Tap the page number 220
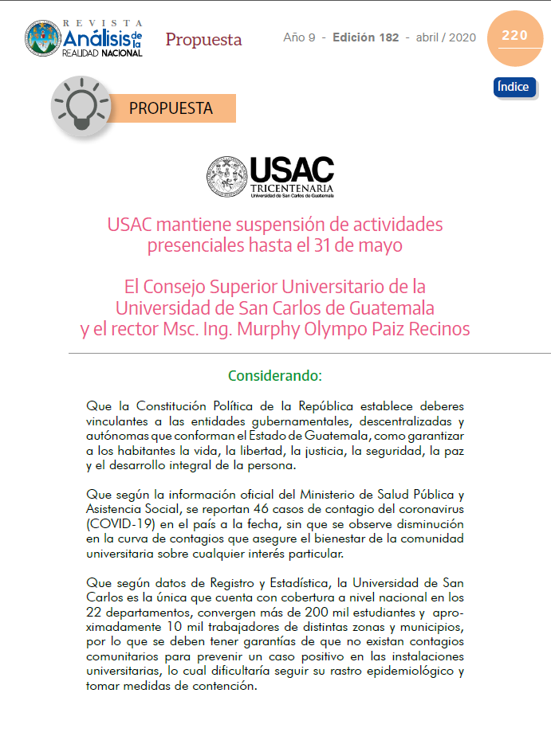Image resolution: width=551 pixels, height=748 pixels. point(514,35)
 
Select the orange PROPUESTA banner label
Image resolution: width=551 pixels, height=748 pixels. point(171,108)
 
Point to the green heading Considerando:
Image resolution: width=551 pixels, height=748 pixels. point(275,374)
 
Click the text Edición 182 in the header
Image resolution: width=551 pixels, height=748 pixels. point(365,37)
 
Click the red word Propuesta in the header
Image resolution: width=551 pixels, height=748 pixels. point(203,39)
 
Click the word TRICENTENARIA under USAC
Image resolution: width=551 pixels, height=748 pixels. point(292,186)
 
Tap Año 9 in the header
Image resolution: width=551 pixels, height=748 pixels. point(299,37)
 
